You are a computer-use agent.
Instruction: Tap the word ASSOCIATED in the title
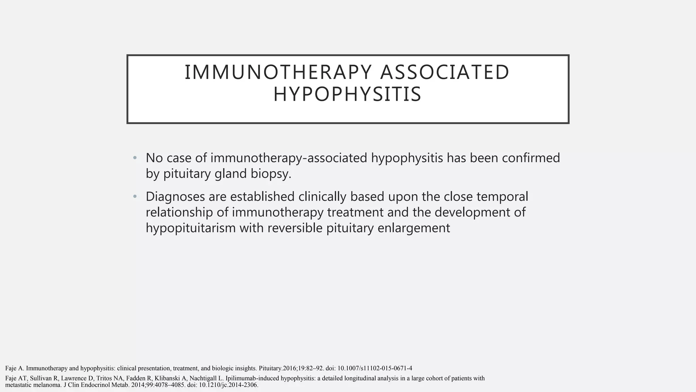click(445, 72)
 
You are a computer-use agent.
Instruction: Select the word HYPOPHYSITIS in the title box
click(347, 95)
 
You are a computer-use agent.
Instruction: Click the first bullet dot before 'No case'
click(135, 158)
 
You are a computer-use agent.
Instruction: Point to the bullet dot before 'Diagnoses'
click(135, 197)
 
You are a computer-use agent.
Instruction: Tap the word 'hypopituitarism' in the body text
click(191, 228)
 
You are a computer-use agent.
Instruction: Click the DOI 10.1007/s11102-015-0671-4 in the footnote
click(375, 368)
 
